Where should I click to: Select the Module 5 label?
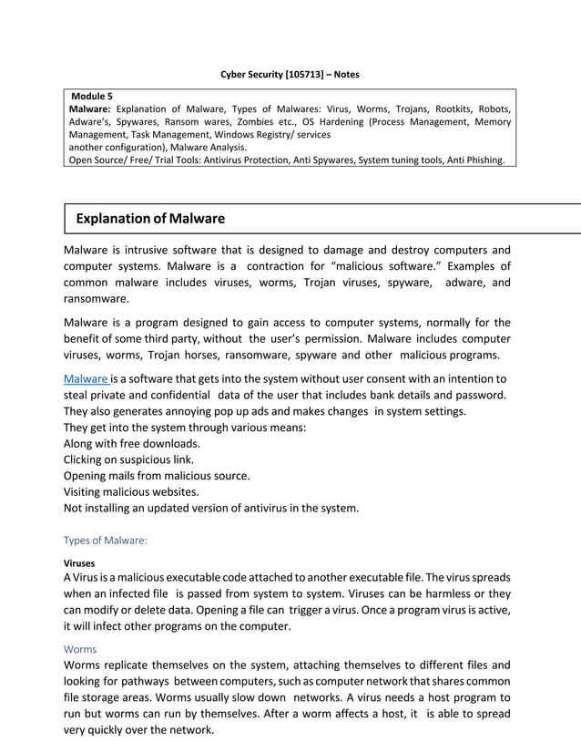(92, 96)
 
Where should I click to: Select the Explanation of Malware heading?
(150, 219)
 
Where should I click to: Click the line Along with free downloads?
(131, 444)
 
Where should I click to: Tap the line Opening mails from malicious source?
(157, 476)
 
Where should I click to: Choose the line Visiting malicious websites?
(131, 491)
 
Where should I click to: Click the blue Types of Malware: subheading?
(105, 540)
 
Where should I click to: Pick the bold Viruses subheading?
(79, 563)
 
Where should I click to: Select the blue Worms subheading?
(80, 649)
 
